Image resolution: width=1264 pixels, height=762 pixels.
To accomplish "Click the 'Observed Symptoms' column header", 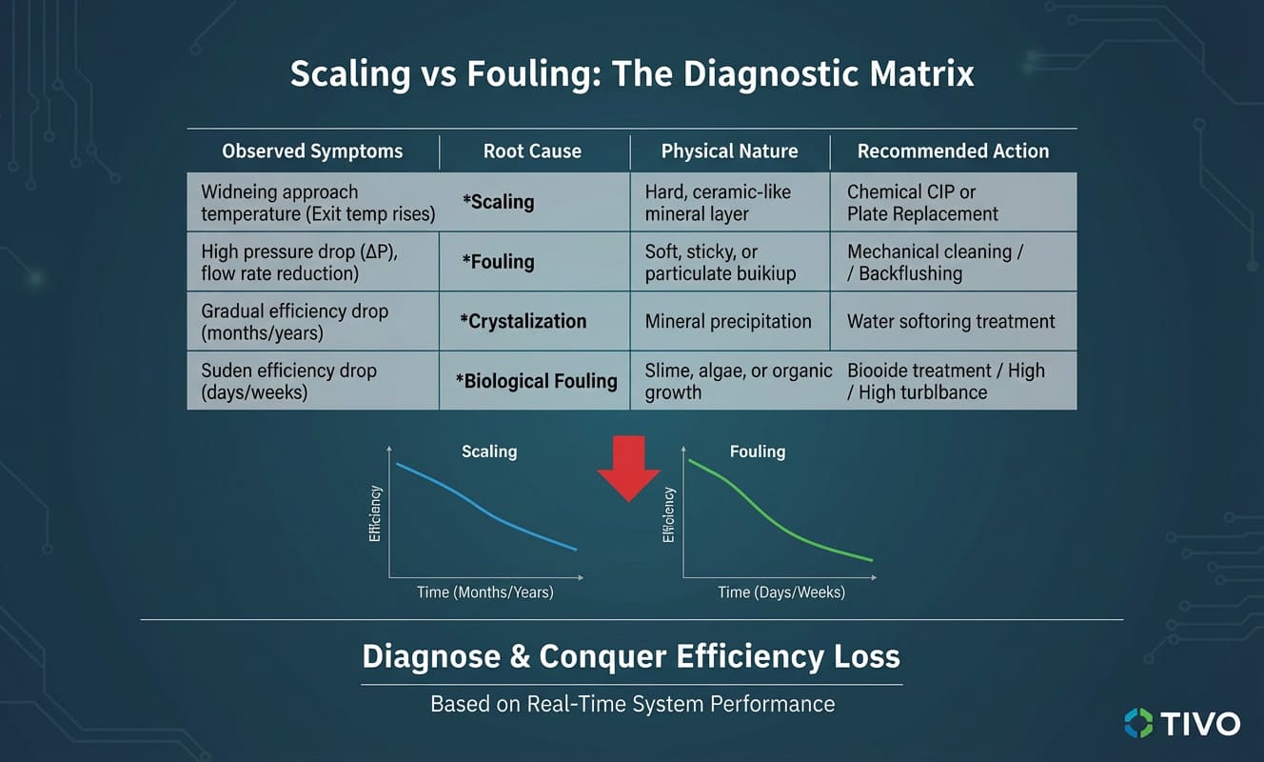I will click(x=312, y=151).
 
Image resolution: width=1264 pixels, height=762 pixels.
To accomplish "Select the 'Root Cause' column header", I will click(x=532, y=151).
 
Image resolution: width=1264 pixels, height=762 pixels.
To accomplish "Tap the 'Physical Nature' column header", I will click(x=729, y=151).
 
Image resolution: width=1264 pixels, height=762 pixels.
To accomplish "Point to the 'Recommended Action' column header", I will click(x=953, y=151).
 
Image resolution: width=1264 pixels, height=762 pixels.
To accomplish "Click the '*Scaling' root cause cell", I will click(x=499, y=202).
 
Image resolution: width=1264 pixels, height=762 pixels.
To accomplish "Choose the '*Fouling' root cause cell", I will click(x=499, y=262).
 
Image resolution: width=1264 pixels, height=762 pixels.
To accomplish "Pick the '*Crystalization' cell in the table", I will click(x=523, y=321).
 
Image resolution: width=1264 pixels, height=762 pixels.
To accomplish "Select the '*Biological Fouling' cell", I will click(x=536, y=381).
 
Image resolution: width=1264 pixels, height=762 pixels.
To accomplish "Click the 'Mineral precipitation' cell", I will click(x=728, y=321).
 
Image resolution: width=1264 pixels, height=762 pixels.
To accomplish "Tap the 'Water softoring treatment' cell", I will click(x=951, y=321).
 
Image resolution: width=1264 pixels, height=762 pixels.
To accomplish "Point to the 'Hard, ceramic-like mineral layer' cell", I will click(x=718, y=203).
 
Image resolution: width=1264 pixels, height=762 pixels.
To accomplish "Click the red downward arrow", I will click(x=628, y=467).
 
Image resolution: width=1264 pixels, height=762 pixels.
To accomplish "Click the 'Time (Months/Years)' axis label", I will click(x=484, y=592).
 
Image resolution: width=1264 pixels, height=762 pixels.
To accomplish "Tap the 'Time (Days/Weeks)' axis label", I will click(x=781, y=592).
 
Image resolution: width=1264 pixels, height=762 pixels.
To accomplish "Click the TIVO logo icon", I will click(x=1137, y=722).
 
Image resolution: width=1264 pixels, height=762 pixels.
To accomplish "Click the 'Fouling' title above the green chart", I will click(x=758, y=451).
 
